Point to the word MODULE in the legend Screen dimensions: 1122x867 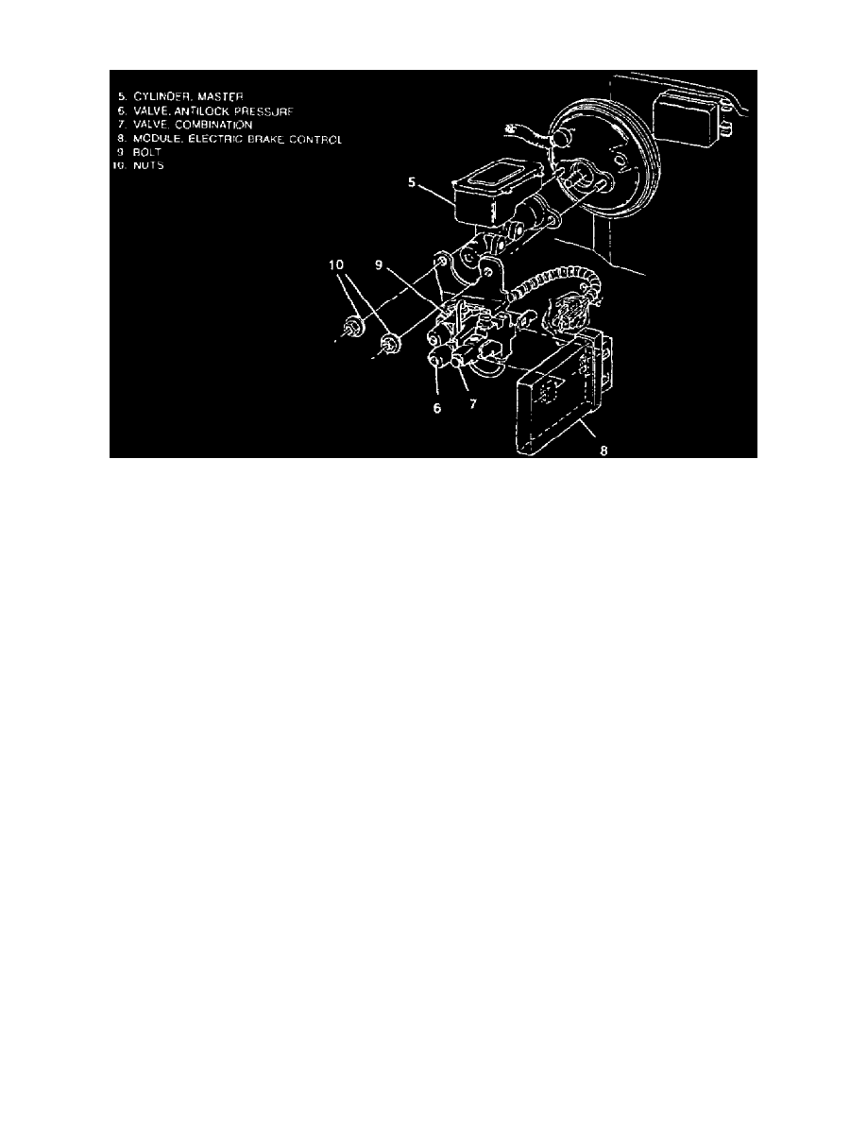155,139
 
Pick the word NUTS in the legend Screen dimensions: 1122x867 149,165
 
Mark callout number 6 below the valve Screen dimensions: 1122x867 437,409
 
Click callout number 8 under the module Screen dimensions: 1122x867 603,450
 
